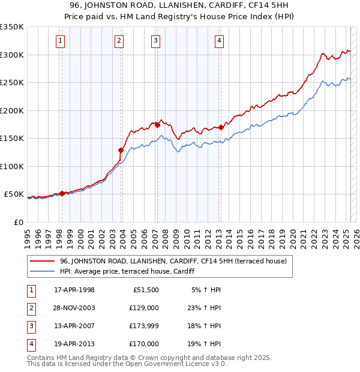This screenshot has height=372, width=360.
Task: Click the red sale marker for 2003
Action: [x=121, y=150]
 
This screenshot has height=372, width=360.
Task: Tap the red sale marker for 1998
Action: [x=62, y=193]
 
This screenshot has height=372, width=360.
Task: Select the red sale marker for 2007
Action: [x=157, y=125]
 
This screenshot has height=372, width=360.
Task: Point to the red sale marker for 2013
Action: [x=221, y=127]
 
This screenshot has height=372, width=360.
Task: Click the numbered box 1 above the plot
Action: [x=61, y=41]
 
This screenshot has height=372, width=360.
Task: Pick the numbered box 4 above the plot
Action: [x=219, y=41]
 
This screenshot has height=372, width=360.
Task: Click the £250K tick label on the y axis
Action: [x=12, y=83]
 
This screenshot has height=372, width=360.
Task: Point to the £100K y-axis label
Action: [x=12, y=166]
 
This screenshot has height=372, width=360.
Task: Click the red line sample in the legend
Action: [x=43, y=261]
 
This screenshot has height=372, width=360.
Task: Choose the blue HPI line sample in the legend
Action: [x=43, y=271]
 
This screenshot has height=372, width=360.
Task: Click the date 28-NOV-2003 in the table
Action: [x=74, y=307]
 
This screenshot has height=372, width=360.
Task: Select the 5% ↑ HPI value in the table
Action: [x=206, y=290]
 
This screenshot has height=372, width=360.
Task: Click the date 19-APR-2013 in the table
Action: [x=74, y=344]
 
